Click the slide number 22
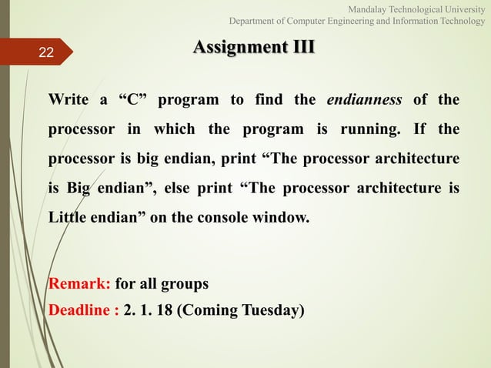coord(46,52)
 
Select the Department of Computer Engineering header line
coord(356,21)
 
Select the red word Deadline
coord(76,310)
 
